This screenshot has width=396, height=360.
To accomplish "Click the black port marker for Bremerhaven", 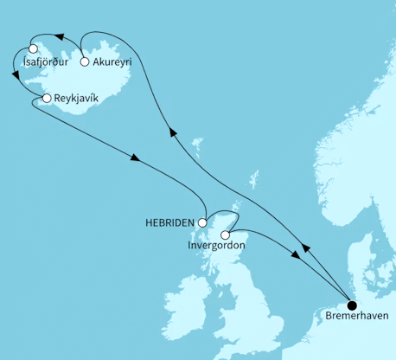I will click(352, 305).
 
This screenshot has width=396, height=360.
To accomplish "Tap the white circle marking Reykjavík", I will click(46, 100).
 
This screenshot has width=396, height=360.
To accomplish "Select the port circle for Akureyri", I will click(84, 61).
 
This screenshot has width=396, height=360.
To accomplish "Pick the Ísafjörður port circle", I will click(34, 48).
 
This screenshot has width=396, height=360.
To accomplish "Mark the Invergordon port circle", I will click(226, 234).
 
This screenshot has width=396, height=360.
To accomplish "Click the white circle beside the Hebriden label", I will click(205, 222).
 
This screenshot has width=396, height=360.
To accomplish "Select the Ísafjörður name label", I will click(48, 61).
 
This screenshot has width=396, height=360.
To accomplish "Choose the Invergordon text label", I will click(216, 247).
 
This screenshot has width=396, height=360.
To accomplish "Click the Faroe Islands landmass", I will click(196, 141).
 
